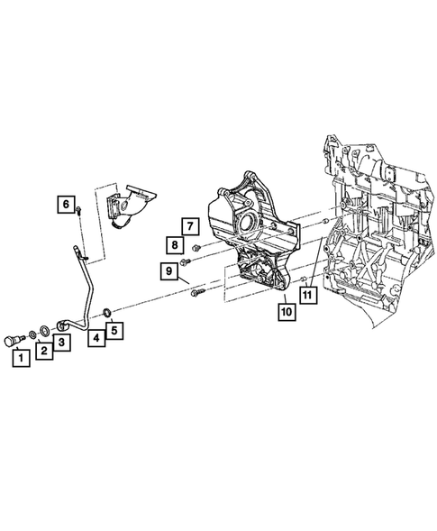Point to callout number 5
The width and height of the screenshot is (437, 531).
click(x=114, y=331)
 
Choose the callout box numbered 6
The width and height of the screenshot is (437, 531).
click(x=66, y=205)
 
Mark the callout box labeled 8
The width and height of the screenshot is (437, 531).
click(x=171, y=244)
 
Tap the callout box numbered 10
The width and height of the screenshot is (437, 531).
click(x=287, y=313)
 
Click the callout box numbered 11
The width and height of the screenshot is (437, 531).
click(x=308, y=293)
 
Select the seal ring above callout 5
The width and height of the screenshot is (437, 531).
click(x=107, y=312)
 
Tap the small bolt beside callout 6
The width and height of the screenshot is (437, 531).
click(x=79, y=210)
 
